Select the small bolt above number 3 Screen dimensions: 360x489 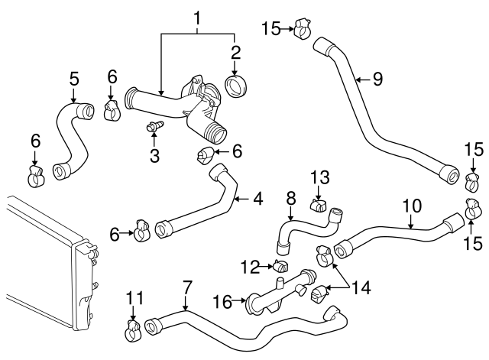pyautogui.click(x=154, y=125)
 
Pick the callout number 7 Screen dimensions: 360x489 pyautogui.click(x=186, y=289)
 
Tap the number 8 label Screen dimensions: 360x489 pyautogui.click(x=290, y=197)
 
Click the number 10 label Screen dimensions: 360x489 pyautogui.click(x=411, y=206)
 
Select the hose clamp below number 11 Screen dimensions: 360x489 pyautogui.click(x=133, y=331)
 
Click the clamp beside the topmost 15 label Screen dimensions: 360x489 pyautogui.click(x=302, y=31)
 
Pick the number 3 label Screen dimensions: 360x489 pyautogui.click(x=154, y=157)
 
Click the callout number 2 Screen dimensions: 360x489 pyautogui.click(x=235, y=53)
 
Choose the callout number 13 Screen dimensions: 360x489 pyautogui.click(x=319, y=178)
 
